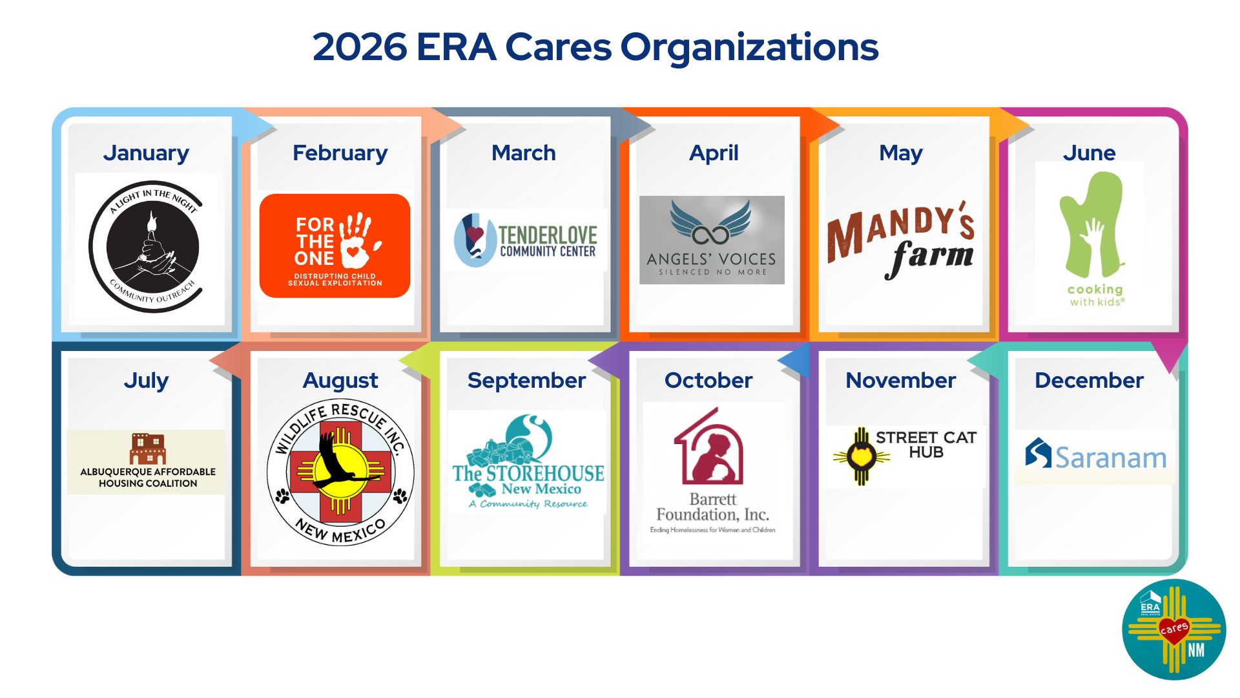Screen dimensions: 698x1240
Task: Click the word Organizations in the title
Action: click(749, 47)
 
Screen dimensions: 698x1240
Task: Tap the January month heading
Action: click(146, 153)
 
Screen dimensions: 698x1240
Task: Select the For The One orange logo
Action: click(335, 246)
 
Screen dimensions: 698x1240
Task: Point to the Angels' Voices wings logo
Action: click(711, 223)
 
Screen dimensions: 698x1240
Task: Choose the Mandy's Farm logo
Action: click(901, 239)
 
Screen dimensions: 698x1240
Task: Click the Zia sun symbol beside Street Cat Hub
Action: click(861, 456)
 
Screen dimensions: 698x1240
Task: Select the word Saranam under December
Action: click(1111, 458)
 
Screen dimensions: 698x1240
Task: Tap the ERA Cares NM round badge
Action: click(1173, 629)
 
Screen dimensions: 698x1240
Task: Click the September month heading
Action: click(526, 381)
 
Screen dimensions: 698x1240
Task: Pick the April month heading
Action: click(714, 153)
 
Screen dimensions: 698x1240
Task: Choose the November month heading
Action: click(900, 381)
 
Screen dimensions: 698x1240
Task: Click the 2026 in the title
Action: click(360, 47)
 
